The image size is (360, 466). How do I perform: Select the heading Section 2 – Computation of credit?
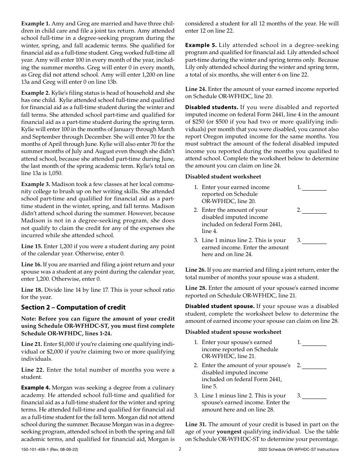pyautogui.click(x=73, y=307)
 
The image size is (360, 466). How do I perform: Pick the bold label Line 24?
pyautogui.click(x=196, y=89)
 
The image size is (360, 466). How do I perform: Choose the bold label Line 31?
pyautogui.click(x=196, y=424)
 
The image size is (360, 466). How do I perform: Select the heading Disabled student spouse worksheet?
pyautogui.click(x=233, y=332)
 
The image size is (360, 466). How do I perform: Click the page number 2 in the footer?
pyautogui.click(x=180, y=449)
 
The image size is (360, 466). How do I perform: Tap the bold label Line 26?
pyautogui.click(x=196, y=270)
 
